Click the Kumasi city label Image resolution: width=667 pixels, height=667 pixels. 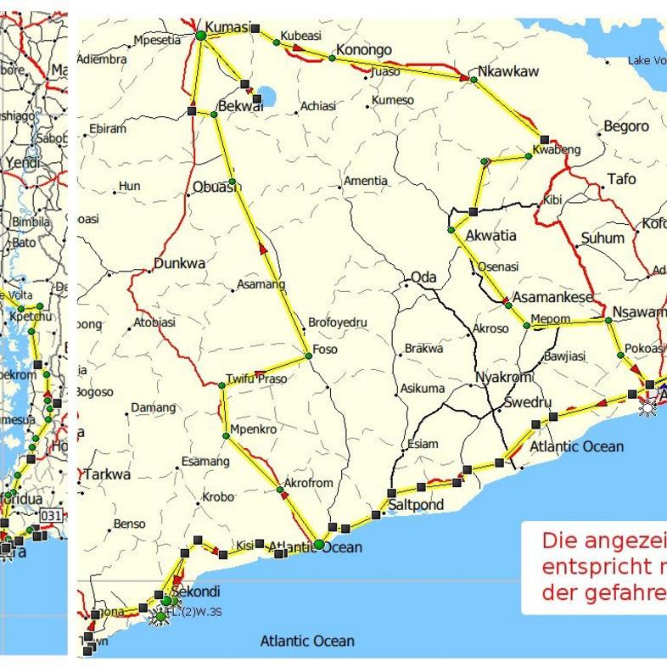229,27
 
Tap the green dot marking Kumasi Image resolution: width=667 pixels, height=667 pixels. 201,35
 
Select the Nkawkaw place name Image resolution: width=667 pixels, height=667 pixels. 507,71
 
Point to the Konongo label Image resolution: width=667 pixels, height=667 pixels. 364,50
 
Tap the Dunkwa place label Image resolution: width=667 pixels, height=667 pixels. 179,264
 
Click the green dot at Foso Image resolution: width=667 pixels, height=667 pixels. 309,356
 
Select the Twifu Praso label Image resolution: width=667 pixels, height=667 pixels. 257,378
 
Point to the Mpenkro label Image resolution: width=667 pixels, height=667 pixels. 253,429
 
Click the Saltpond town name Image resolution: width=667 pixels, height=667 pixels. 416,505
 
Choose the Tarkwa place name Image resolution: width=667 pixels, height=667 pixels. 107,474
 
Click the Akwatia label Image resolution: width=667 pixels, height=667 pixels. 490,236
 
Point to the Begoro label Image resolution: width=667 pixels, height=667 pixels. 626,126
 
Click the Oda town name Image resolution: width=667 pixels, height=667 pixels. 423,278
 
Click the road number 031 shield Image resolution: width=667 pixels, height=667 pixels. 51,515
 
